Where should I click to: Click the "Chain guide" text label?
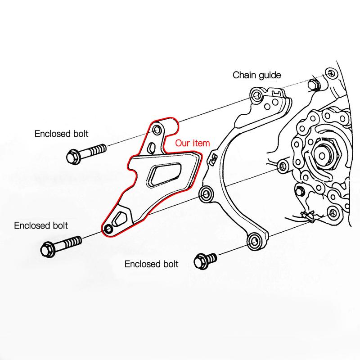(256, 75)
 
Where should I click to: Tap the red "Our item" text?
(193, 144)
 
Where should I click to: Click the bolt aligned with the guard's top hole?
(85, 153)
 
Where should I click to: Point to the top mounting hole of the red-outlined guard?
(157, 130)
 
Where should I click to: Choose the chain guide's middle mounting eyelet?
(207, 194)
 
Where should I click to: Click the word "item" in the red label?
(202, 144)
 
